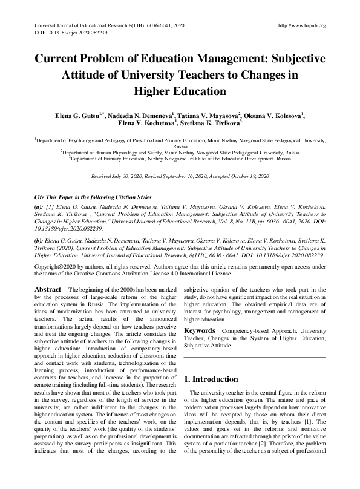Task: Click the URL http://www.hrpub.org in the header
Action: tap(301, 25)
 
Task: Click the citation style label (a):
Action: tap(39, 206)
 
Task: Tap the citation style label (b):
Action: tap(39, 240)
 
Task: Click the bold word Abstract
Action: tap(47, 290)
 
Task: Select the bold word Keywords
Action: tap(200, 331)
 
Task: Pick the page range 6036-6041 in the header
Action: tap(152, 25)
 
